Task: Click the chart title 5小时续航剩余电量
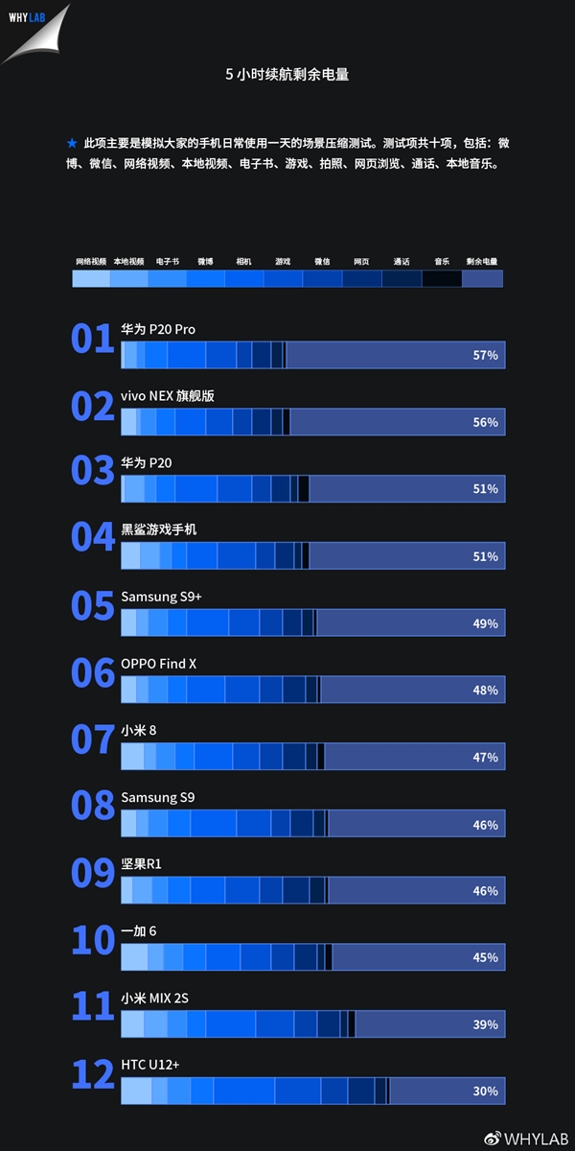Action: pyautogui.click(x=287, y=74)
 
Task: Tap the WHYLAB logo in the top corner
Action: pyautogui.click(x=29, y=18)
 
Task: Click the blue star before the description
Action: pyautogui.click(x=72, y=143)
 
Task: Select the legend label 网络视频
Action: pyautogui.click(x=91, y=261)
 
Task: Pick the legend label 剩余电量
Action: pyautogui.click(x=482, y=261)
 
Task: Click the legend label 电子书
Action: pyautogui.click(x=168, y=261)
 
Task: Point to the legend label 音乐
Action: pyautogui.click(x=441, y=261)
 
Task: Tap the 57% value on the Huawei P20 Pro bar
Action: pyautogui.click(x=485, y=356)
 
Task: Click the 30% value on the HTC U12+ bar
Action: pyautogui.click(x=485, y=1092)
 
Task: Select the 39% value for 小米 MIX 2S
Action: pyautogui.click(x=485, y=1024)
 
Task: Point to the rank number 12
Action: pyautogui.click(x=93, y=1075)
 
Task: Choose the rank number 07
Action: pyautogui.click(x=93, y=740)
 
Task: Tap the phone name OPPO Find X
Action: pyautogui.click(x=158, y=664)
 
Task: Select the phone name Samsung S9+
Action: pyautogui.click(x=161, y=597)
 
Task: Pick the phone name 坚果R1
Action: pyautogui.click(x=141, y=864)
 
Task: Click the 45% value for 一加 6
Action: pyautogui.click(x=485, y=957)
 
